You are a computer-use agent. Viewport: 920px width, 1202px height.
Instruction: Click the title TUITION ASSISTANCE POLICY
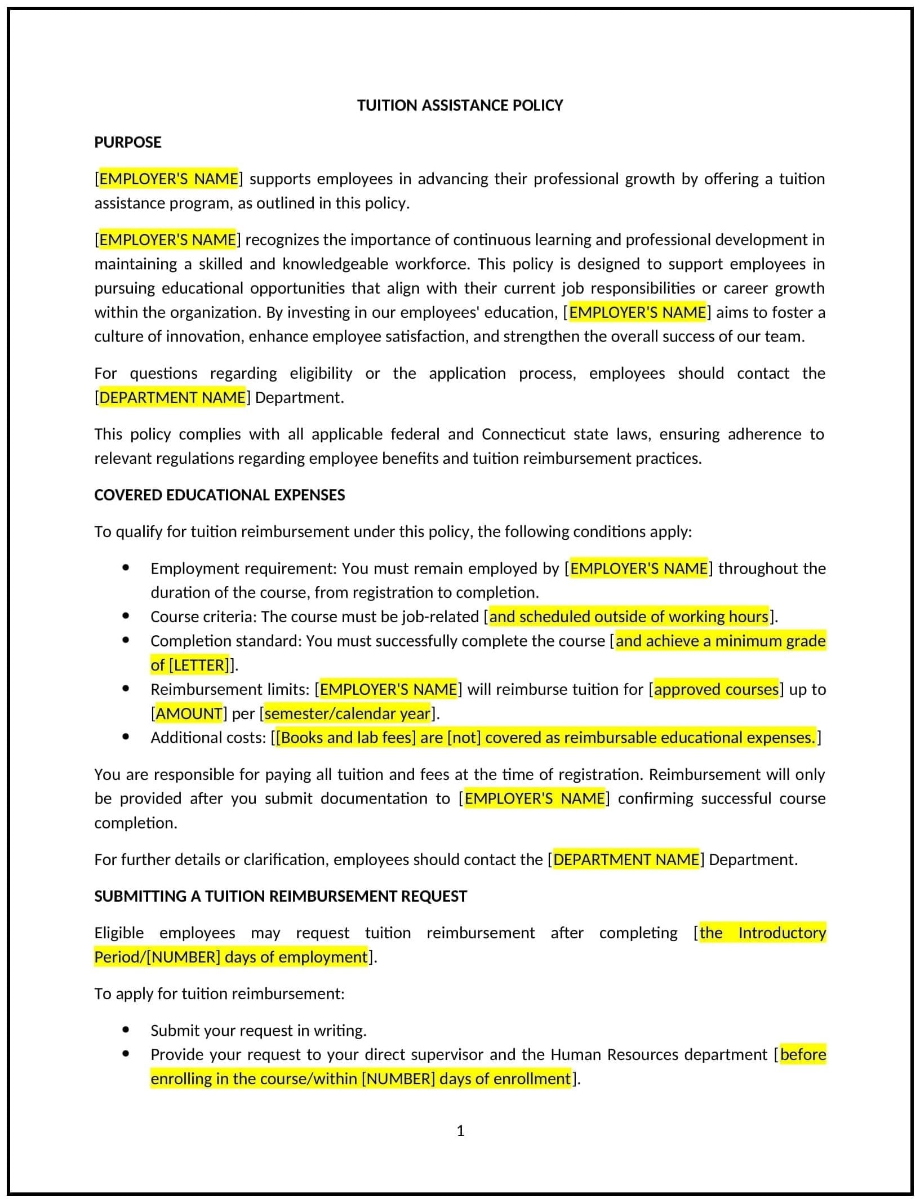point(460,105)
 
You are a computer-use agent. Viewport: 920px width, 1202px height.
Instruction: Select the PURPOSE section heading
point(127,142)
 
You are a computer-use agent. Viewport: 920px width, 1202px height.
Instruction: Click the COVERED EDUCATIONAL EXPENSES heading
point(219,495)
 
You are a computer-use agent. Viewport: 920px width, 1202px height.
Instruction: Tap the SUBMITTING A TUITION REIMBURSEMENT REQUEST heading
point(280,896)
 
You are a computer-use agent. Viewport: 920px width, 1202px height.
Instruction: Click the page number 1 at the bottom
point(460,1130)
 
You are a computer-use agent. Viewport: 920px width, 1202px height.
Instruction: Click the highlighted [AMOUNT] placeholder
point(189,713)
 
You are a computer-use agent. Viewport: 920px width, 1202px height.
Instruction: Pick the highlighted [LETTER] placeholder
point(199,665)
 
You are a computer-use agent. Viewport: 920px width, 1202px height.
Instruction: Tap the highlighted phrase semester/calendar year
point(348,713)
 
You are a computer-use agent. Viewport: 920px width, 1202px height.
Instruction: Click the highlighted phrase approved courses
point(716,689)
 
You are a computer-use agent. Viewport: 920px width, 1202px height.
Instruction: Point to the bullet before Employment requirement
point(125,568)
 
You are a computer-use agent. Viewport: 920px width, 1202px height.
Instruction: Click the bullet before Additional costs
point(125,737)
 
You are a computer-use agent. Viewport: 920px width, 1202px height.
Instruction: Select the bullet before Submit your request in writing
point(125,1030)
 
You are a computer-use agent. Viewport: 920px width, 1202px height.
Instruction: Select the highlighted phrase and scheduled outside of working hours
point(629,616)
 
